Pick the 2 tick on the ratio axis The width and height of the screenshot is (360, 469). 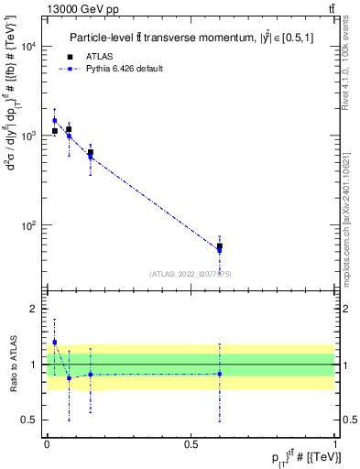pos(34,309)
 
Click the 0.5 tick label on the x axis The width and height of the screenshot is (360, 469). pos(191,443)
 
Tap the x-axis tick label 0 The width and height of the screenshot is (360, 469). pos(48,443)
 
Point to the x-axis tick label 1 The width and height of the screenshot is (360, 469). pos(334,443)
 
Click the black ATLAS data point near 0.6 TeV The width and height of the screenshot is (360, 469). pos(220,246)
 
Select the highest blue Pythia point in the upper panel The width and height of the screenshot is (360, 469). pos(54,120)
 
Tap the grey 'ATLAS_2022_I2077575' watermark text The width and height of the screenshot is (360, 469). pos(191,273)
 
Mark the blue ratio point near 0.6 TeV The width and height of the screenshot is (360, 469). pos(220,373)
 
